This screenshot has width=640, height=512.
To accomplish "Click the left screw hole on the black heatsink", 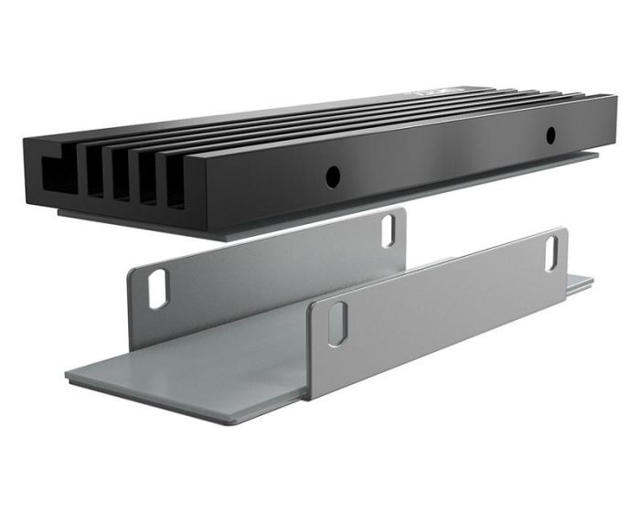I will [334, 174].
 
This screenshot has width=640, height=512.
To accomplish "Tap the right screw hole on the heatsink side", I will [549, 135].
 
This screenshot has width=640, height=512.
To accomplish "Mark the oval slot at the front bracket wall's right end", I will [553, 250].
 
